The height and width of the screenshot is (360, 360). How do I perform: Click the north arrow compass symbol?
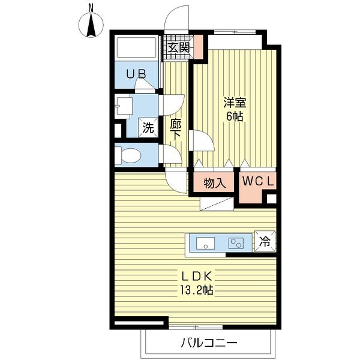91,22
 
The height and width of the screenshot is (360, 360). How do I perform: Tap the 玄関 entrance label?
178,47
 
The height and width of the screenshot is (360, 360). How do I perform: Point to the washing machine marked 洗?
148,127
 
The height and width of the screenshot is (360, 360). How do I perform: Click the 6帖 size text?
235,117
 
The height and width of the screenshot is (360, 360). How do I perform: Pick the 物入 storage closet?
214,182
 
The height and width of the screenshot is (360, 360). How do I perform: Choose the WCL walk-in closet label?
259,181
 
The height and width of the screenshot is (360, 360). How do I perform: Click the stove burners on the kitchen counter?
236,243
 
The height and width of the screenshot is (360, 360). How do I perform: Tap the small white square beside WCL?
271,199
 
